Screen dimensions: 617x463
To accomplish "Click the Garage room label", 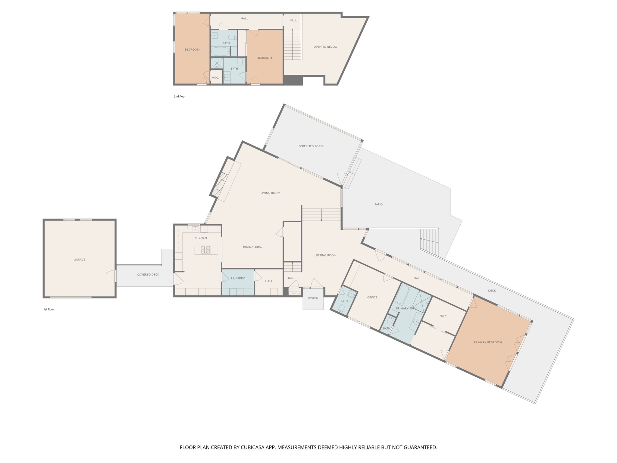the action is pos(80,260).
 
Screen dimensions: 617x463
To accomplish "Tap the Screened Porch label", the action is pos(312,146).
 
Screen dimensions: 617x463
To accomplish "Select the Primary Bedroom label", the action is pos(488,342).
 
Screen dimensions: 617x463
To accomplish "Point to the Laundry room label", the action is pos(238,278).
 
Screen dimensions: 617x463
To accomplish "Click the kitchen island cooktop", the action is pos(205,250).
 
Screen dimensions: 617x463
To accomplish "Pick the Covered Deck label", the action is pos(148,275).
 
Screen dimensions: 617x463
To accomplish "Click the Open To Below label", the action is pos(325,47).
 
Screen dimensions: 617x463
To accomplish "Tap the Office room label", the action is pos(372,297).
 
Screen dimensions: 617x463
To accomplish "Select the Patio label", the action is pos(378,204).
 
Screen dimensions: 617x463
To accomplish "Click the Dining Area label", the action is pos(252,247).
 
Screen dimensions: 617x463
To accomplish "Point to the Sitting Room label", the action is pos(326,255).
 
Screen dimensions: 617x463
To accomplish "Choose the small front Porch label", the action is pos(313,298).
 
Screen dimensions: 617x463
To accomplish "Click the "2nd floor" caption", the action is pos(180,96).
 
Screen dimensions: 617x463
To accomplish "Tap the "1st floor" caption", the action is pos(49,309).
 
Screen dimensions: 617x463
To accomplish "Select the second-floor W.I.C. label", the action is pos(215,78).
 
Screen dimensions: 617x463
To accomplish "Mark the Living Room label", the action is pos(270,193).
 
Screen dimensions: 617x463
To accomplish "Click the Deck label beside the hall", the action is pos(492,291).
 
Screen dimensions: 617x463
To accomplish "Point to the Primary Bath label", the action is pos(406,308).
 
